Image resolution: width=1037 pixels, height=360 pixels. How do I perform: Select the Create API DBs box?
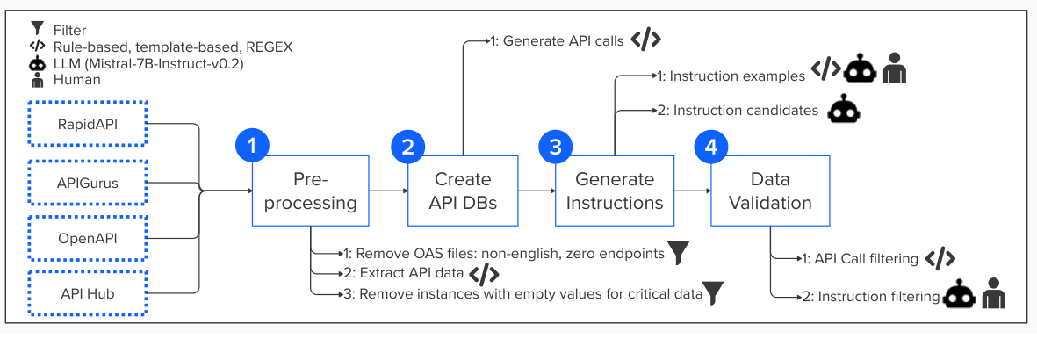click(463, 191)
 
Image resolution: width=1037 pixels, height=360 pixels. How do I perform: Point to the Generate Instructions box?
click(615, 191)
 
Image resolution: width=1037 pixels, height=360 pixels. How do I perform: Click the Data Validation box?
click(769, 191)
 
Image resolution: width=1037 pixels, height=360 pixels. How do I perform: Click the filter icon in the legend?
click(36, 29)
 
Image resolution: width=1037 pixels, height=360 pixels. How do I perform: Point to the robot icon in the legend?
click(36, 63)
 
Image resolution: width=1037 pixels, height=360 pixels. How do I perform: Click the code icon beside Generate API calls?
click(645, 40)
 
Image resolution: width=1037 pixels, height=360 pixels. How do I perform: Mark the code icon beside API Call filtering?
click(940, 258)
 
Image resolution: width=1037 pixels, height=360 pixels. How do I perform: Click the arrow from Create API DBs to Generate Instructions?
click(537, 191)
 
